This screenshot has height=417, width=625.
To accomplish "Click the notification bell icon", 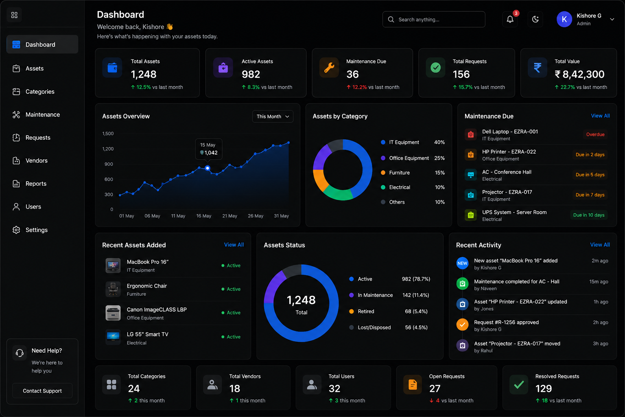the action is point(510,19).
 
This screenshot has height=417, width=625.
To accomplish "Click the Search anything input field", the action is point(434,19).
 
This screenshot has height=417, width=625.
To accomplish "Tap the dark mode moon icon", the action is point(535,19).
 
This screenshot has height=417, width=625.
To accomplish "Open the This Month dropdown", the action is point(273,116).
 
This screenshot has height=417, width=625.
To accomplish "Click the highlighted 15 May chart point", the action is point(207,168).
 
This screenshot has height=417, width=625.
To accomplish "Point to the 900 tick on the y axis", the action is point(109,164).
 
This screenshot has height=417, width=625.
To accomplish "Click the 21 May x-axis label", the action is point(229,216).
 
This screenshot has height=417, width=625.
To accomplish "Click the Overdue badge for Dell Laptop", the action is point(595,134).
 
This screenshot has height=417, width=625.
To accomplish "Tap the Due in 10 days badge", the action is point(589,215).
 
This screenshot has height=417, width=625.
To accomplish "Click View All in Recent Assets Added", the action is point(234,245).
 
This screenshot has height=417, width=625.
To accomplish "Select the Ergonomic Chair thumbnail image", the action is point(113,289).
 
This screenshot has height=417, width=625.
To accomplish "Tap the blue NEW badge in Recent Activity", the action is point(462,263).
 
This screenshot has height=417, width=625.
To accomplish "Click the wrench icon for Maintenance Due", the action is point(329,68).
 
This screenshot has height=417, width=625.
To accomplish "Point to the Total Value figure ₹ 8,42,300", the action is point(579,74).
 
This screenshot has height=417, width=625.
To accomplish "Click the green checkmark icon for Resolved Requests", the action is point(519,385).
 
